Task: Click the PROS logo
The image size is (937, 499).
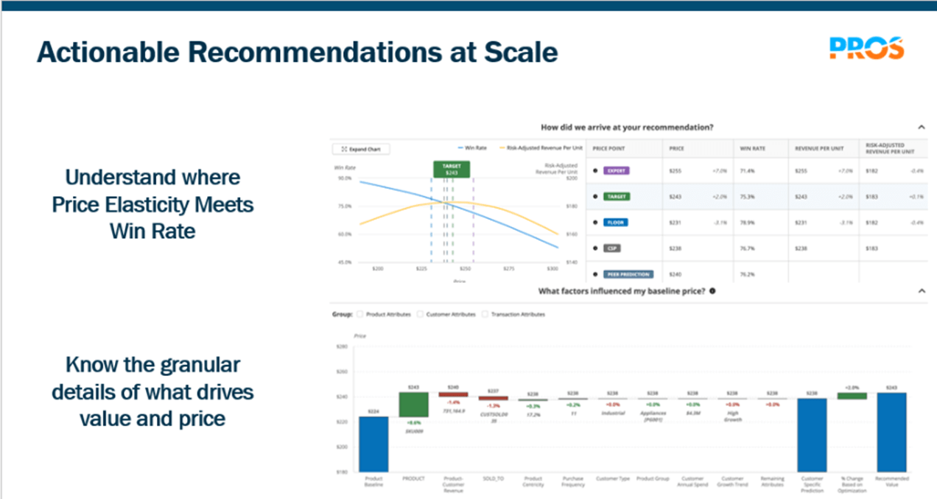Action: click(x=866, y=49)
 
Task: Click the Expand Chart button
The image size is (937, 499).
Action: click(x=362, y=149)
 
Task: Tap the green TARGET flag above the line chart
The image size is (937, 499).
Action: click(x=451, y=170)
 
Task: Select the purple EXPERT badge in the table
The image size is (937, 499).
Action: click(x=617, y=170)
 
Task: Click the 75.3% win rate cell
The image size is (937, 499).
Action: click(x=748, y=196)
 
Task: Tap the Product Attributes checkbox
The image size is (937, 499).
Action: click(x=361, y=314)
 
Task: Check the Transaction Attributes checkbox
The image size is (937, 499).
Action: click(x=485, y=314)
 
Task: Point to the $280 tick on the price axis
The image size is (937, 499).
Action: click(x=341, y=346)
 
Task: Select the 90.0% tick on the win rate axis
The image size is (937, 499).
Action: click(x=344, y=178)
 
